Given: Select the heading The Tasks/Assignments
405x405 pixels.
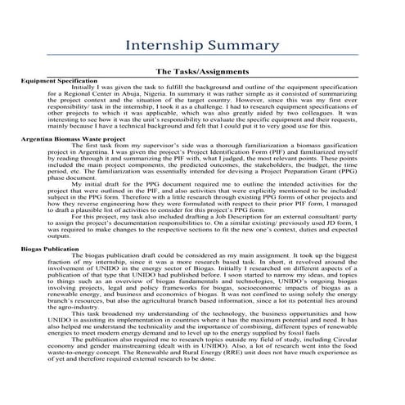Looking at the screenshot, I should coord(202,72).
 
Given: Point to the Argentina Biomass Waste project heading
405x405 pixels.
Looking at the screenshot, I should coord(74,139).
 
